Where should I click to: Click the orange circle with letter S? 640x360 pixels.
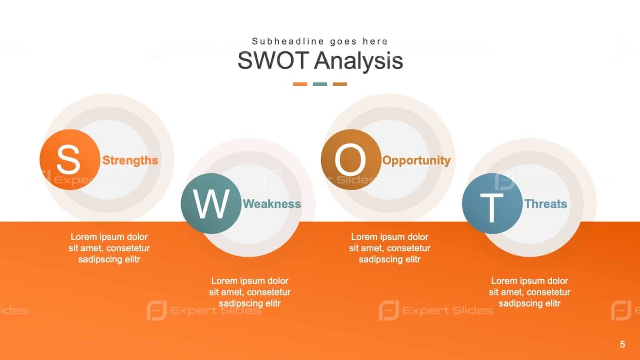click(x=70, y=160)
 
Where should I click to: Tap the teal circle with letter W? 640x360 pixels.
click(x=211, y=204)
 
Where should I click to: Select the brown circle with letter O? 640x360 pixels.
click(x=351, y=160)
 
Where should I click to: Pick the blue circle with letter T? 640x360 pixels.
click(x=492, y=204)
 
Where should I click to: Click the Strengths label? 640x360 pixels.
click(x=130, y=160)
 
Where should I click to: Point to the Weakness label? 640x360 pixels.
click(x=272, y=204)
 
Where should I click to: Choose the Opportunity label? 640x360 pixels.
click(x=416, y=160)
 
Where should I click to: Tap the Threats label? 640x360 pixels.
click(x=545, y=204)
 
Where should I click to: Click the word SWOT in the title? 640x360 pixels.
click(x=273, y=60)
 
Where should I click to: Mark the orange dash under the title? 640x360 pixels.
click(x=300, y=84)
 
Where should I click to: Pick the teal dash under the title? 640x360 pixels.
click(x=320, y=84)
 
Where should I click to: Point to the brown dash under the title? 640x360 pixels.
click(x=340, y=84)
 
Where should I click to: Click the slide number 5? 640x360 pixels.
click(x=622, y=344)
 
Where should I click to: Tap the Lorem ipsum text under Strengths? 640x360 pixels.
click(x=109, y=248)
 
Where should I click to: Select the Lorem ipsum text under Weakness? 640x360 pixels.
click(x=250, y=292)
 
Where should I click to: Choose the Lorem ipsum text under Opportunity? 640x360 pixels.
click(x=390, y=248)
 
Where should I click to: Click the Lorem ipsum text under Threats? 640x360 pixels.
click(x=529, y=292)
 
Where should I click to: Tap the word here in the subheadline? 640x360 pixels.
click(x=375, y=41)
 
